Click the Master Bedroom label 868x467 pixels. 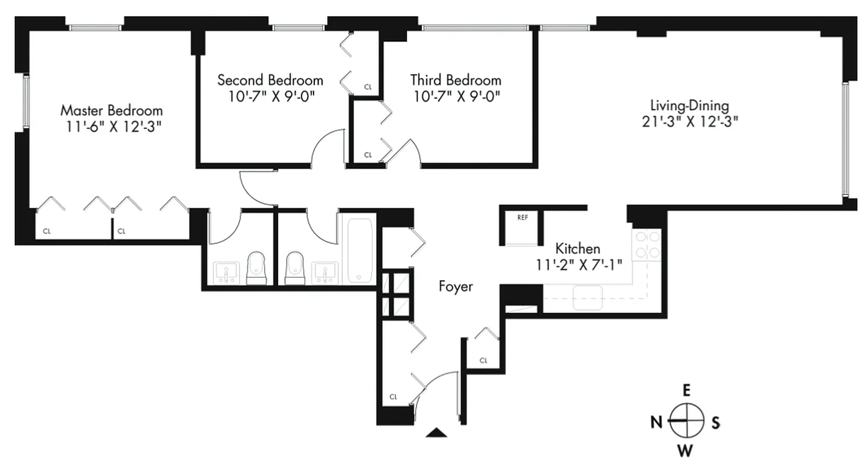pyautogui.click(x=112, y=110)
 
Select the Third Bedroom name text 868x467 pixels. pyautogui.click(x=456, y=80)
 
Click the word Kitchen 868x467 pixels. pyautogui.click(x=577, y=249)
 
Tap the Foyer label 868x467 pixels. pyautogui.click(x=456, y=287)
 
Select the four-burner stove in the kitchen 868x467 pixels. pyautogui.click(x=647, y=245)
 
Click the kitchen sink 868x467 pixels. pyautogui.click(x=587, y=297)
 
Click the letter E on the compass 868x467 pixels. pyautogui.click(x=687, y=391)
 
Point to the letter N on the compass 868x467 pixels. pyautogui.click(x=657, y=422)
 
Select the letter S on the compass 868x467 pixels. pyautogui.click(x=715, y=423)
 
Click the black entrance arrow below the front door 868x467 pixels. pyautogui.click(x=436, y=433)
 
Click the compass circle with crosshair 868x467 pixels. pyautogui.click(x=686, y=421)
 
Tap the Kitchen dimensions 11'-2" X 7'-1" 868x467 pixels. pyautogui.click(x=579, y=264)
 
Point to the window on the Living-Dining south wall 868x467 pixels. pyautogui.click(x=845, y=140)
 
